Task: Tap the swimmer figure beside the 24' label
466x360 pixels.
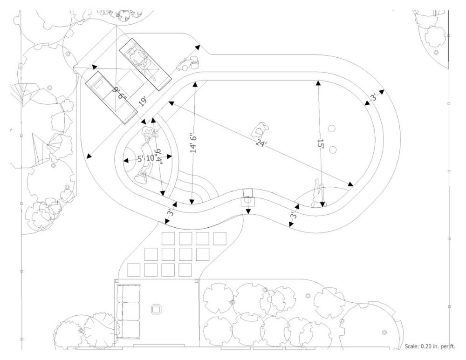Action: [x=262, y=128]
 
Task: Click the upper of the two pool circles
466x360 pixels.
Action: [x=332, y=128]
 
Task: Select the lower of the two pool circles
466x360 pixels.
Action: [x=333, y=149]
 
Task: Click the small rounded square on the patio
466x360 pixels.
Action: [x=157, y=309]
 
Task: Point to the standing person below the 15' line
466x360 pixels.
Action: [x=319, y=195]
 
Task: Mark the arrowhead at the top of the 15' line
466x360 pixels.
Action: [x=318, y=83]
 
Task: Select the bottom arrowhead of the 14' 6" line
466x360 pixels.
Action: [x=192, y=202]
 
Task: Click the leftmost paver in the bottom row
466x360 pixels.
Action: [x=134, y=269]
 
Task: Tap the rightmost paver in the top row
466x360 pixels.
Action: [x=219, y=238]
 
